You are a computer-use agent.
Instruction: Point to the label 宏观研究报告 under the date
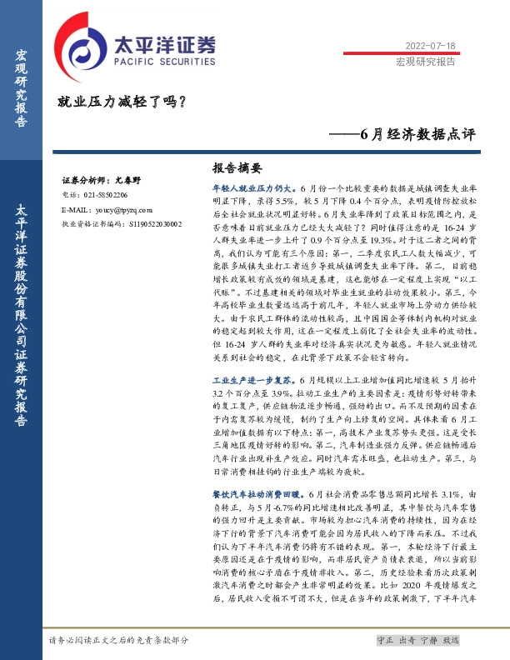tap(425, 62)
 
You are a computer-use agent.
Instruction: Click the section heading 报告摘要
tap(237, 167)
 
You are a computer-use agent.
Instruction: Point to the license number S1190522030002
tap(156, 224)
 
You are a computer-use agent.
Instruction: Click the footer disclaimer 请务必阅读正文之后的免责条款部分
tap(119, 640)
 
